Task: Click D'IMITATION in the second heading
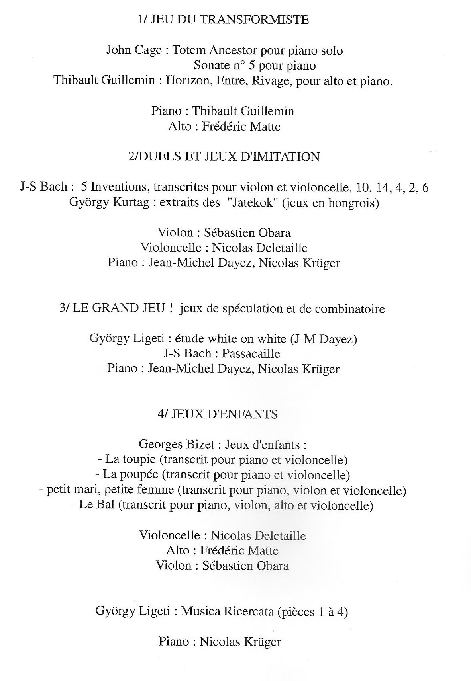coord(281,157)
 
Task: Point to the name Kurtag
coord(133,202)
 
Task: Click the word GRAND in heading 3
coord(116,309)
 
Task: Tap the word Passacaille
coord(251,353)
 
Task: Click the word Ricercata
coord(249,611)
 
